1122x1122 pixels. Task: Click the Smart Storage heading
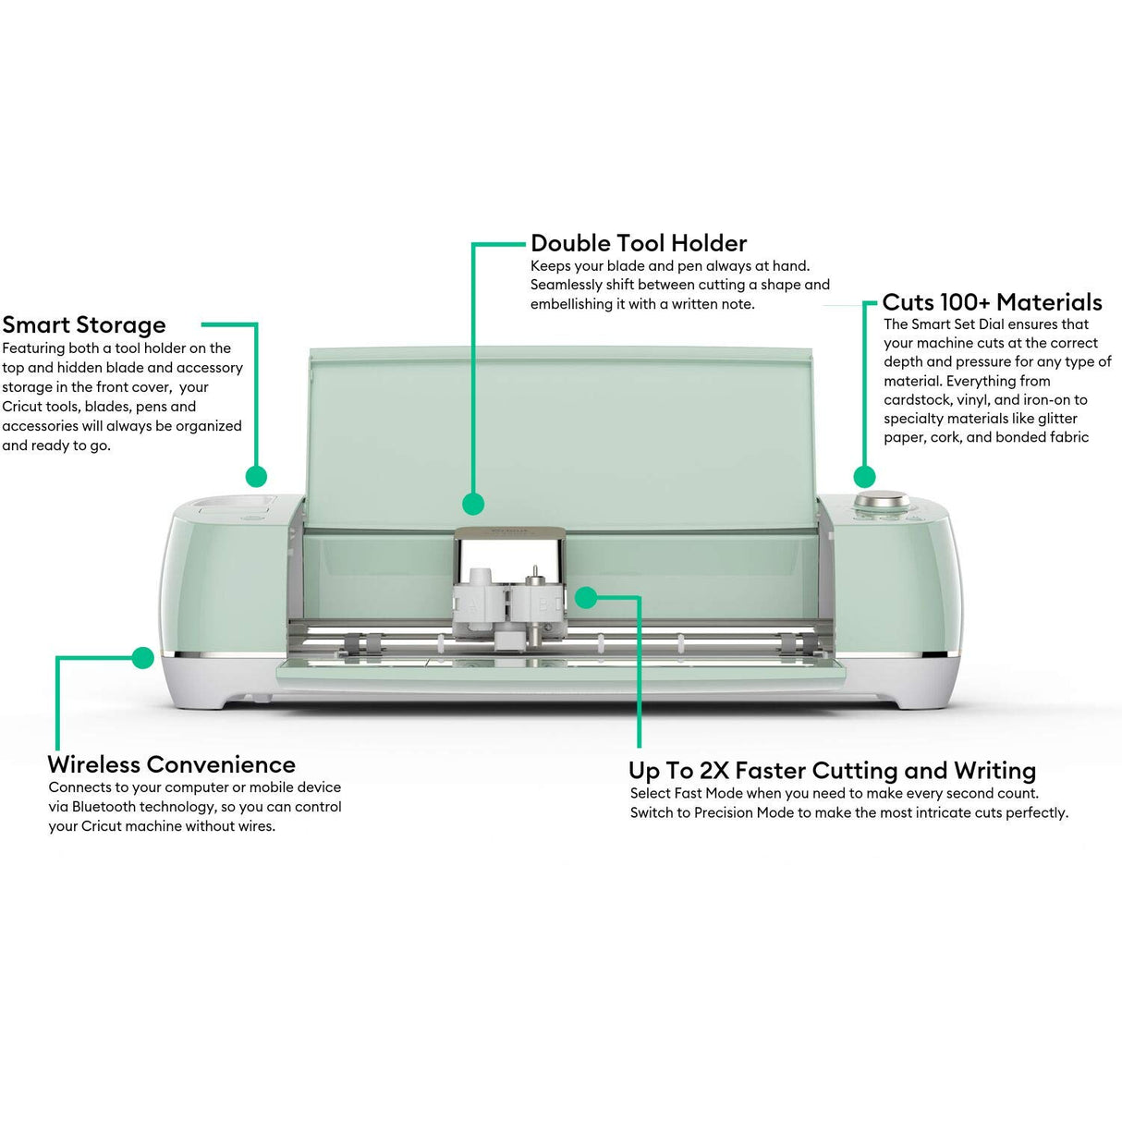click(84, 325)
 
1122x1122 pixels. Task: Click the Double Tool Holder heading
click(639, 243)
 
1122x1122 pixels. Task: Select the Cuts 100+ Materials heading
click(992, 302)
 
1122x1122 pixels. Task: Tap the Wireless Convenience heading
click(171, 764)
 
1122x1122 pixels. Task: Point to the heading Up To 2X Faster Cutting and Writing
click(832, 771)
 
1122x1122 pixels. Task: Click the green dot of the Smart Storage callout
click(257, 476)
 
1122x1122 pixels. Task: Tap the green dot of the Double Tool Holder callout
click(473, 504)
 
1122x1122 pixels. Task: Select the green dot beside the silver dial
click(864, 477)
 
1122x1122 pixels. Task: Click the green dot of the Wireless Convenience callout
click(142, 658)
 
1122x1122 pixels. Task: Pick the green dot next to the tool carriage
click(585, 598)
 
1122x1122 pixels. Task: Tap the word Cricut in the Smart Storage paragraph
click(21, 407)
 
